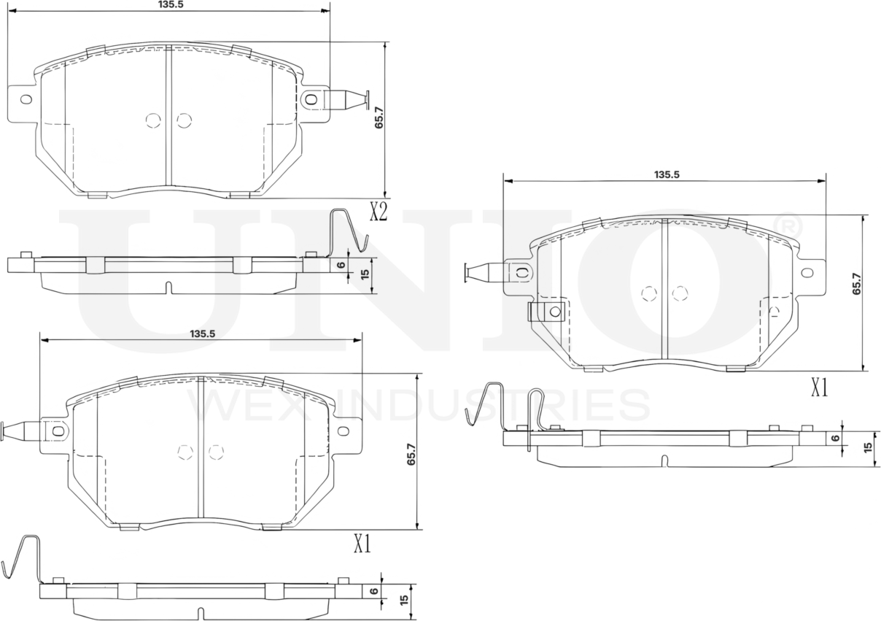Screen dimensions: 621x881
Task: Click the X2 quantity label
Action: [378, 212]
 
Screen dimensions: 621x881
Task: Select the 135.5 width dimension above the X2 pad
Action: [169, 4]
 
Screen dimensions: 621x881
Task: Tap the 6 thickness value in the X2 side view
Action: [341, 264]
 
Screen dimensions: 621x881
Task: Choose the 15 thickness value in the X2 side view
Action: [365, 275]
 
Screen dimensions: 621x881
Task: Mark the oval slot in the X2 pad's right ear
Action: [311, 99]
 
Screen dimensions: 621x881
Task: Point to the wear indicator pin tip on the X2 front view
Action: [365, 99]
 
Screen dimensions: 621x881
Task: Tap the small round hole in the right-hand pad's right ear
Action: [807, 273]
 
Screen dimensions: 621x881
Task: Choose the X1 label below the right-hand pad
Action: [820, 388]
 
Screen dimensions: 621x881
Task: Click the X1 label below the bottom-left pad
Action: [362, 544]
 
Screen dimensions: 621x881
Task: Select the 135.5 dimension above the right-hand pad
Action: [666, 174]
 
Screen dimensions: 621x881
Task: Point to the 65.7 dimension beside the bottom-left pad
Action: [411, 454]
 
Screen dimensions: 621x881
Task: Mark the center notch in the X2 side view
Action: [169, 288]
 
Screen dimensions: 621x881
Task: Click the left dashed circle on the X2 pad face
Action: [152, 120]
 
